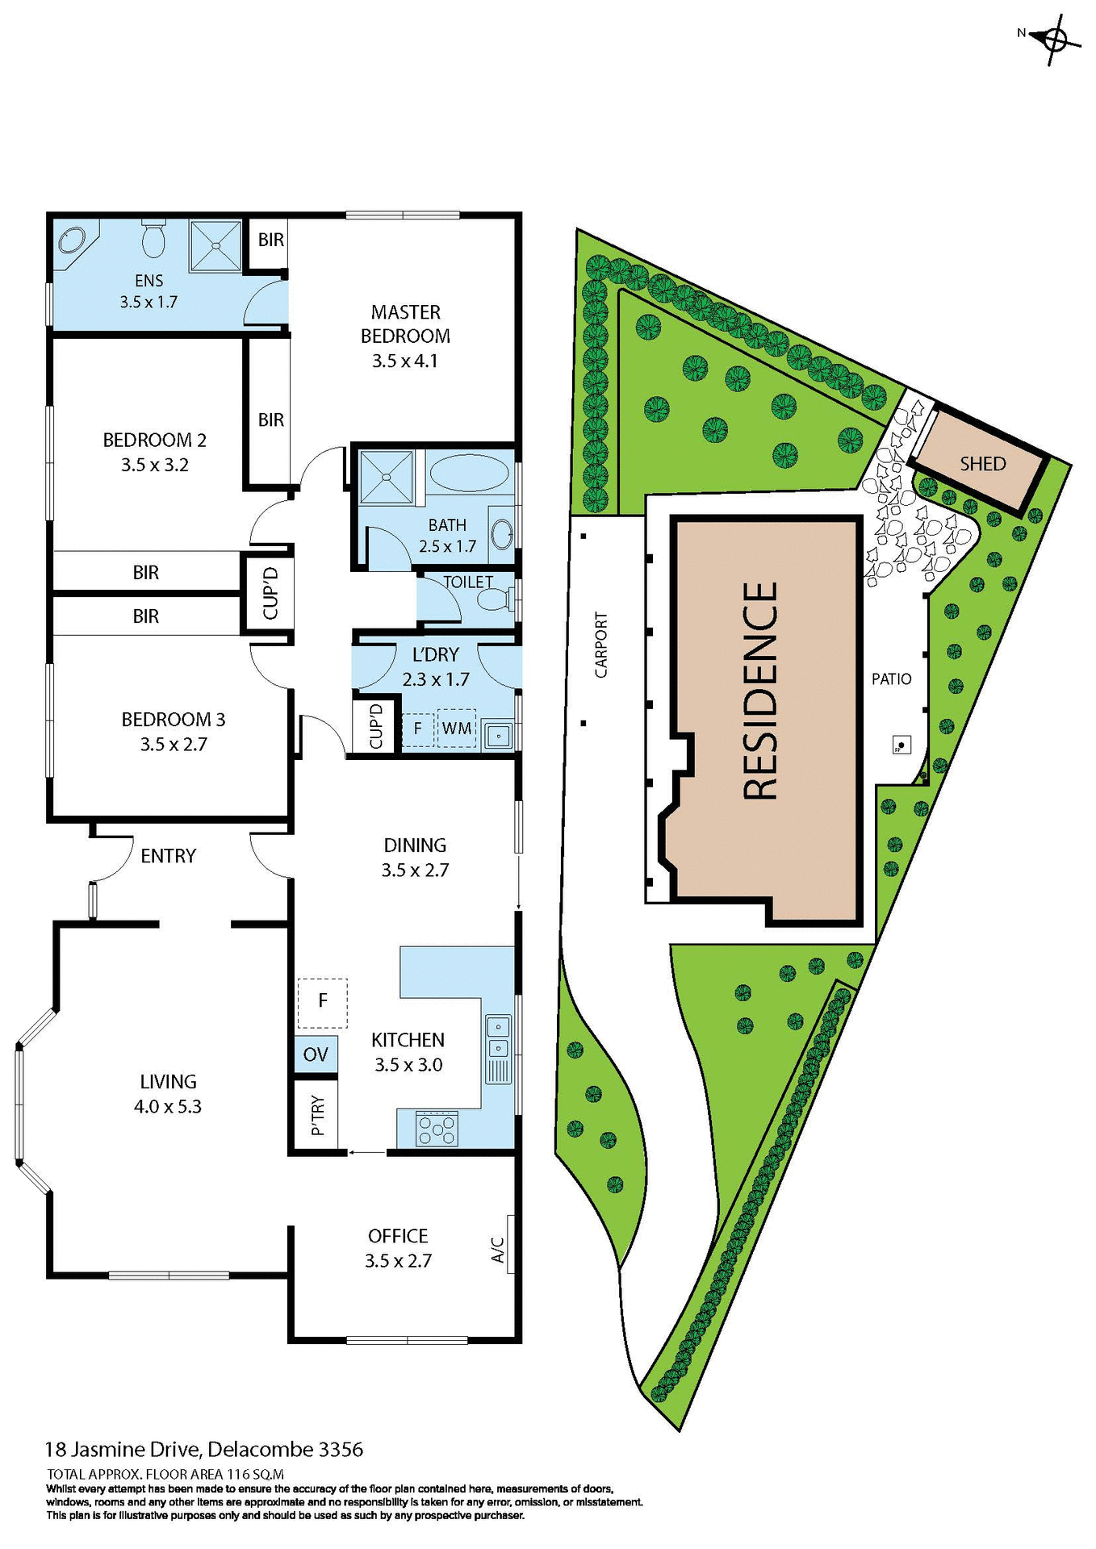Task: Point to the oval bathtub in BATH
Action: pos(468,474)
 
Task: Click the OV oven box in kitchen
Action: pos(316,1054)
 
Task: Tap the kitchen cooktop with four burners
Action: pos(437,1129)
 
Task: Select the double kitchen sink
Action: pos(498,1038)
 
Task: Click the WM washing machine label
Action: pos(457,729)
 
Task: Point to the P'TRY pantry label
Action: pos(317,1116)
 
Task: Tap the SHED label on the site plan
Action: pos(982,464)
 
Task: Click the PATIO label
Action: pos(891,679)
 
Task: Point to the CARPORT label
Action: pos(600,645)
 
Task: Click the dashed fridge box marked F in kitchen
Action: pos(323,1001)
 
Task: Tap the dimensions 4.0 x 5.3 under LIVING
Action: pos(168,1107)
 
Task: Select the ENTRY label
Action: pos(168,856)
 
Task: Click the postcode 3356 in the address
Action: pos(341,1450)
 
